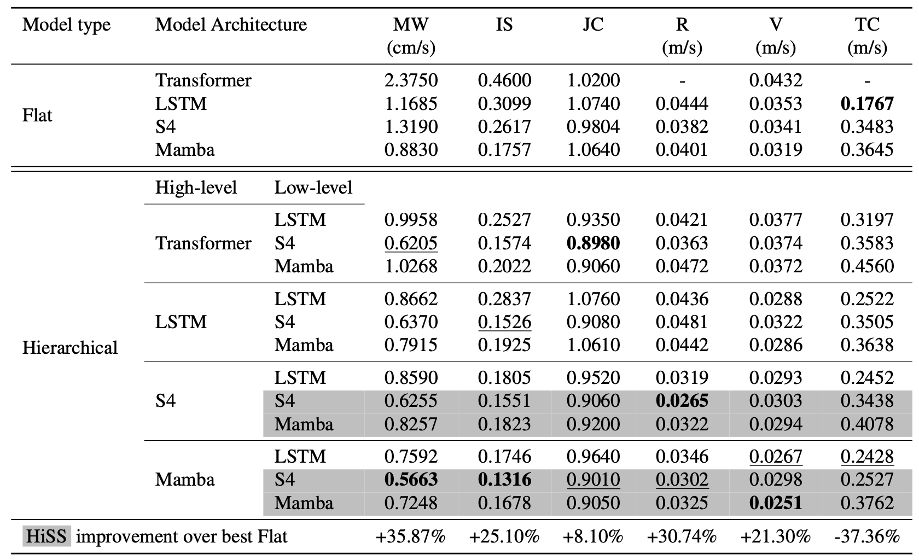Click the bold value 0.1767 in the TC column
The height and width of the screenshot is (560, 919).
point(867,104)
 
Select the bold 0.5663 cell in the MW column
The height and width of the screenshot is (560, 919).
point(411,480)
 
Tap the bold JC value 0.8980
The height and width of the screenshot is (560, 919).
point(593,243)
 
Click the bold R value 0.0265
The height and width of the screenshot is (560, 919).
point(682,401)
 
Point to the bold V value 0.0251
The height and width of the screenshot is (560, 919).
point(775,503)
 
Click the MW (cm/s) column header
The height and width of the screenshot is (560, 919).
point(411,36)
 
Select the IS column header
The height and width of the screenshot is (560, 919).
point(504,25)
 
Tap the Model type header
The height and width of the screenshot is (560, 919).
point(66,25)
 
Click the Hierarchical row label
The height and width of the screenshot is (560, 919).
point(70,348)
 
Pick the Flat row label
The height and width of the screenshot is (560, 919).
point(37,115)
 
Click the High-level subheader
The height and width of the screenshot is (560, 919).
point(196,188)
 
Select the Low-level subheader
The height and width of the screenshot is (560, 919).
point(313,188)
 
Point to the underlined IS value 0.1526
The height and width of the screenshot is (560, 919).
point(504,322)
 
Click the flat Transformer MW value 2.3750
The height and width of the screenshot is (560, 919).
point(411,80)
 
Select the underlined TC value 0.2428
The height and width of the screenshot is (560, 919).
point(867,457)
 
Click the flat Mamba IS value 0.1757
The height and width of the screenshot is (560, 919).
point(504,150)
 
